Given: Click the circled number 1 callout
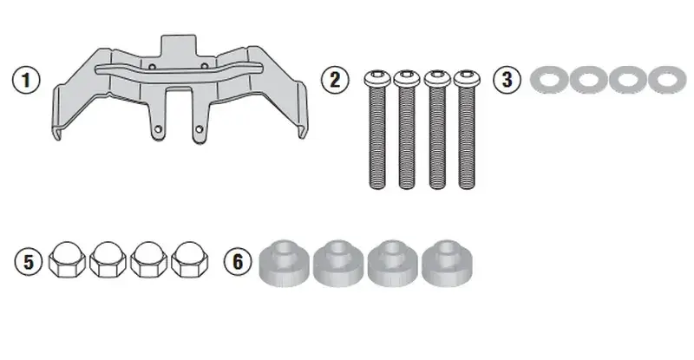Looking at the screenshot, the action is [x=26, y=80].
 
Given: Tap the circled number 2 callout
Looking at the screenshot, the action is [x=335, y=80].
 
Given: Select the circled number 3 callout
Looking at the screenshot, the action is [x=507, y=80].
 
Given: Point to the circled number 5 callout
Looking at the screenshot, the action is [x=28, y=261].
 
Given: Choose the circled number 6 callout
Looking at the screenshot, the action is [x=238, y=261].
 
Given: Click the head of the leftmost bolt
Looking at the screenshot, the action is [x=377, y=78].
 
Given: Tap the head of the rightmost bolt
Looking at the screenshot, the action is [x=467, y=78].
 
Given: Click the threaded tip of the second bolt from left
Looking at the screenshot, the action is [x=407, y=185].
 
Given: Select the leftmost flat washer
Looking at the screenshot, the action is [x=549, y=80].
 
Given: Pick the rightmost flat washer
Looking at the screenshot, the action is [x=667, y=80].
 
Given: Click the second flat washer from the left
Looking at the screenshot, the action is [x=589, y=80].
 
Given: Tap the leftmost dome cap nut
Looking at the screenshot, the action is [x=67, y=260].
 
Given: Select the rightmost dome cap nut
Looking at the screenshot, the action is [x=189, y=260].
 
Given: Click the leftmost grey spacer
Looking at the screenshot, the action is [x=285, y=264].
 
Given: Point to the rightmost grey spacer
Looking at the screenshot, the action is [x=447, y=264].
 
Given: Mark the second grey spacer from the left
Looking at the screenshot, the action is [x=338, y=264].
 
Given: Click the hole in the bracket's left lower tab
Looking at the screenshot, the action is [x=158, y=129].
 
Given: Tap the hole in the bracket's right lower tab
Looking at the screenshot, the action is [x=200, y=129].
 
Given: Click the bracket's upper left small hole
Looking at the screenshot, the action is [x=153, y=67].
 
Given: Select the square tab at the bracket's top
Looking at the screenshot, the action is [x=179, y=45].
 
